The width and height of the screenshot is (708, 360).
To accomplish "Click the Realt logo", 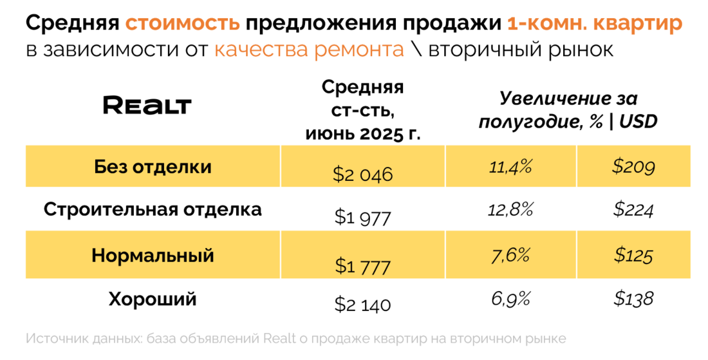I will tap(147, 106).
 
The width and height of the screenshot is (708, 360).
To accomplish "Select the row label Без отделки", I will tap(153, 167).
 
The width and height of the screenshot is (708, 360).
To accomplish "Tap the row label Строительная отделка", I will tap(153, 210).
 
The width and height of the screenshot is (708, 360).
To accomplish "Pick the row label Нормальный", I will tap(153, 256).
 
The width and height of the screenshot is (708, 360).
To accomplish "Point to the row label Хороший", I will tap(153, 299).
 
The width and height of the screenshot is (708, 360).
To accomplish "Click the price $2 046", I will tap(362, 174).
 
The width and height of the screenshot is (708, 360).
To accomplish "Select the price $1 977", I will tap(362, 218).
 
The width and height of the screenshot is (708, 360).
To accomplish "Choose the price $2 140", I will tap(362, 305).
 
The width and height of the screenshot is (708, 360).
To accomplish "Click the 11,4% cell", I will tap(510, 167).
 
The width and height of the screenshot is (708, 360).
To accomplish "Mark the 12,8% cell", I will tap(510, 211).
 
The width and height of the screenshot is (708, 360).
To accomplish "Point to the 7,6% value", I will tap(510, 256).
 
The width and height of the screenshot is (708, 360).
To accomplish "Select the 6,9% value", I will tap(510, 299).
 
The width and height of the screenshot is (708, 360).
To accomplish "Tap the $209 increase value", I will tap(633, 167).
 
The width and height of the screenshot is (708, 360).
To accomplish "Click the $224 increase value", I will tap(633, 211).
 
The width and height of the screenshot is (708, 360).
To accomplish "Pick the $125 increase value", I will tap(633, 256).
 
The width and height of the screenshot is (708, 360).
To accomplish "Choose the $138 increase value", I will tap(633, 299).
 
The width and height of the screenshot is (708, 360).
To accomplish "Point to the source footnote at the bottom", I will tap(296, 339).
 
